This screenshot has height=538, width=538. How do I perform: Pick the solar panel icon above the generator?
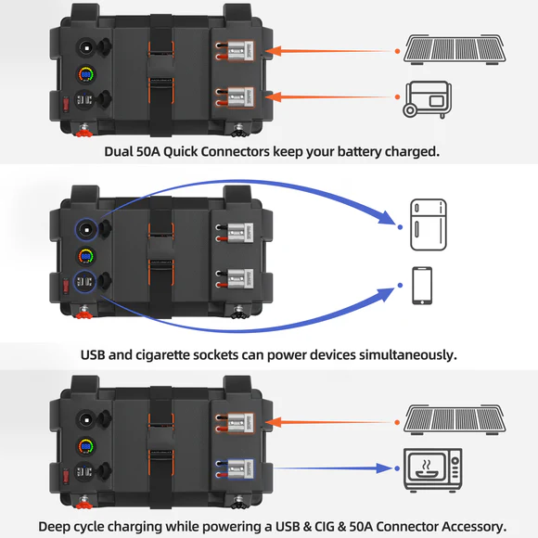click(x=454, y=45)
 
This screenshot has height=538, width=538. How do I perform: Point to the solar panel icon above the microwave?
click(x=454, y=417)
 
